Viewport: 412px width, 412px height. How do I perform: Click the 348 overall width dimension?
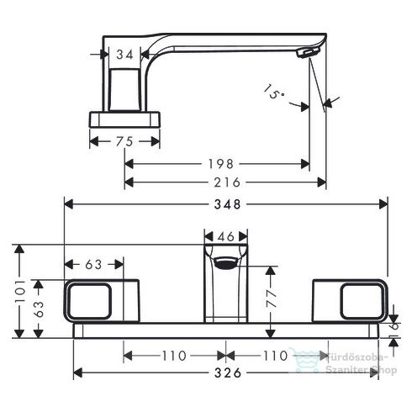224,204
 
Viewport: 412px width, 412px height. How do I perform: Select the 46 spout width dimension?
225,238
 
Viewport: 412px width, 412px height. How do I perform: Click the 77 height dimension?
269,297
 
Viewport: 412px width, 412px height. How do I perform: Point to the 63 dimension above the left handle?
93,265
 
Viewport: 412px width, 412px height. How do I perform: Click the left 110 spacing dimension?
173,356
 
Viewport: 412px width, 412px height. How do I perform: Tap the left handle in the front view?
100,301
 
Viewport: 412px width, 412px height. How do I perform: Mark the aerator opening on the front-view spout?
225,264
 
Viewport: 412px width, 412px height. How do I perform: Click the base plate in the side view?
123,118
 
